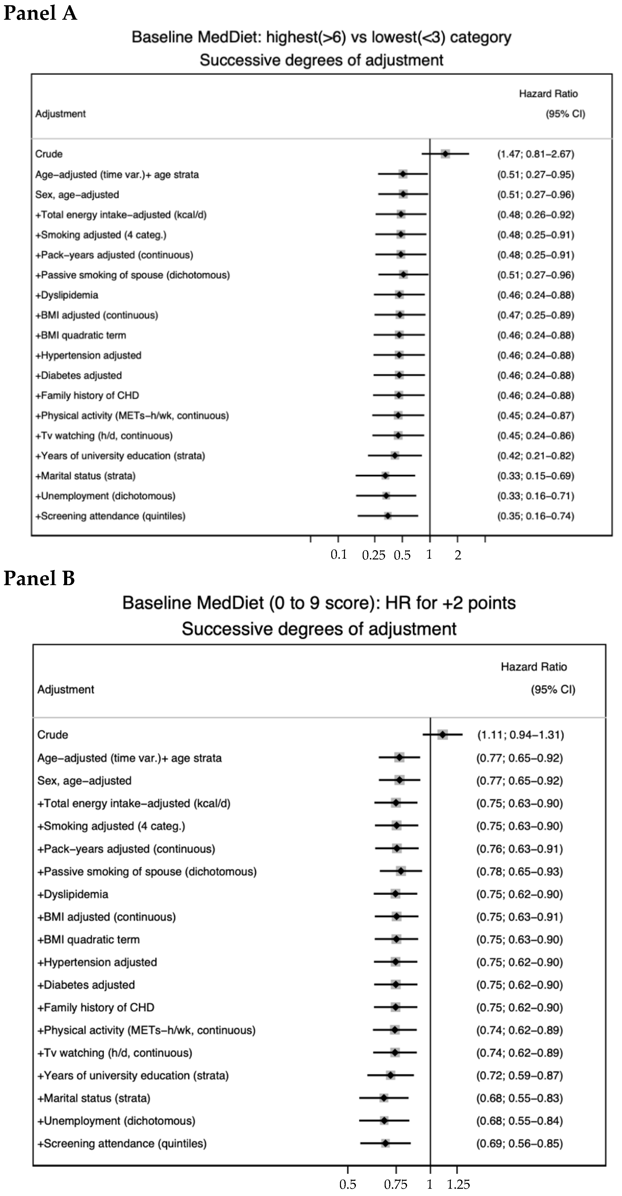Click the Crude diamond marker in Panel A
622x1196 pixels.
[446, 154]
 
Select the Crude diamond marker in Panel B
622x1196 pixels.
[443, 735]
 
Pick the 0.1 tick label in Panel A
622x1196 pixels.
[339, 555]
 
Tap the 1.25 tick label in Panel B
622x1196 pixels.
[459, 1184]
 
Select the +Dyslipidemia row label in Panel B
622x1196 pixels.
[73, 894]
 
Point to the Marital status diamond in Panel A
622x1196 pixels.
[385, 475]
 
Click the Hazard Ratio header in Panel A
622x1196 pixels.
[548, 94]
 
